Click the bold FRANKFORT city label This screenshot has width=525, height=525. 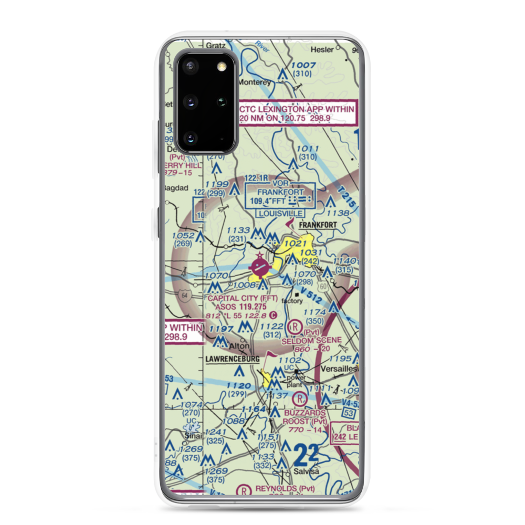tap(318, 225)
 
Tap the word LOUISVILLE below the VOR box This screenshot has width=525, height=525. tap(280, 214)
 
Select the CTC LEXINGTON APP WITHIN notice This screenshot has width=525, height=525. tap(296, 110)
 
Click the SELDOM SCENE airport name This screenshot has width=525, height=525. tap(311, 340)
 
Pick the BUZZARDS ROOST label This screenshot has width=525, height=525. tap(305, 413)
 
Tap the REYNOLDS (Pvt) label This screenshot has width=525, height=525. tap(284, 489)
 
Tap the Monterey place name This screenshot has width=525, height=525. tap(255, 82)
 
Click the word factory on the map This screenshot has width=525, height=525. tap(292, 301)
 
